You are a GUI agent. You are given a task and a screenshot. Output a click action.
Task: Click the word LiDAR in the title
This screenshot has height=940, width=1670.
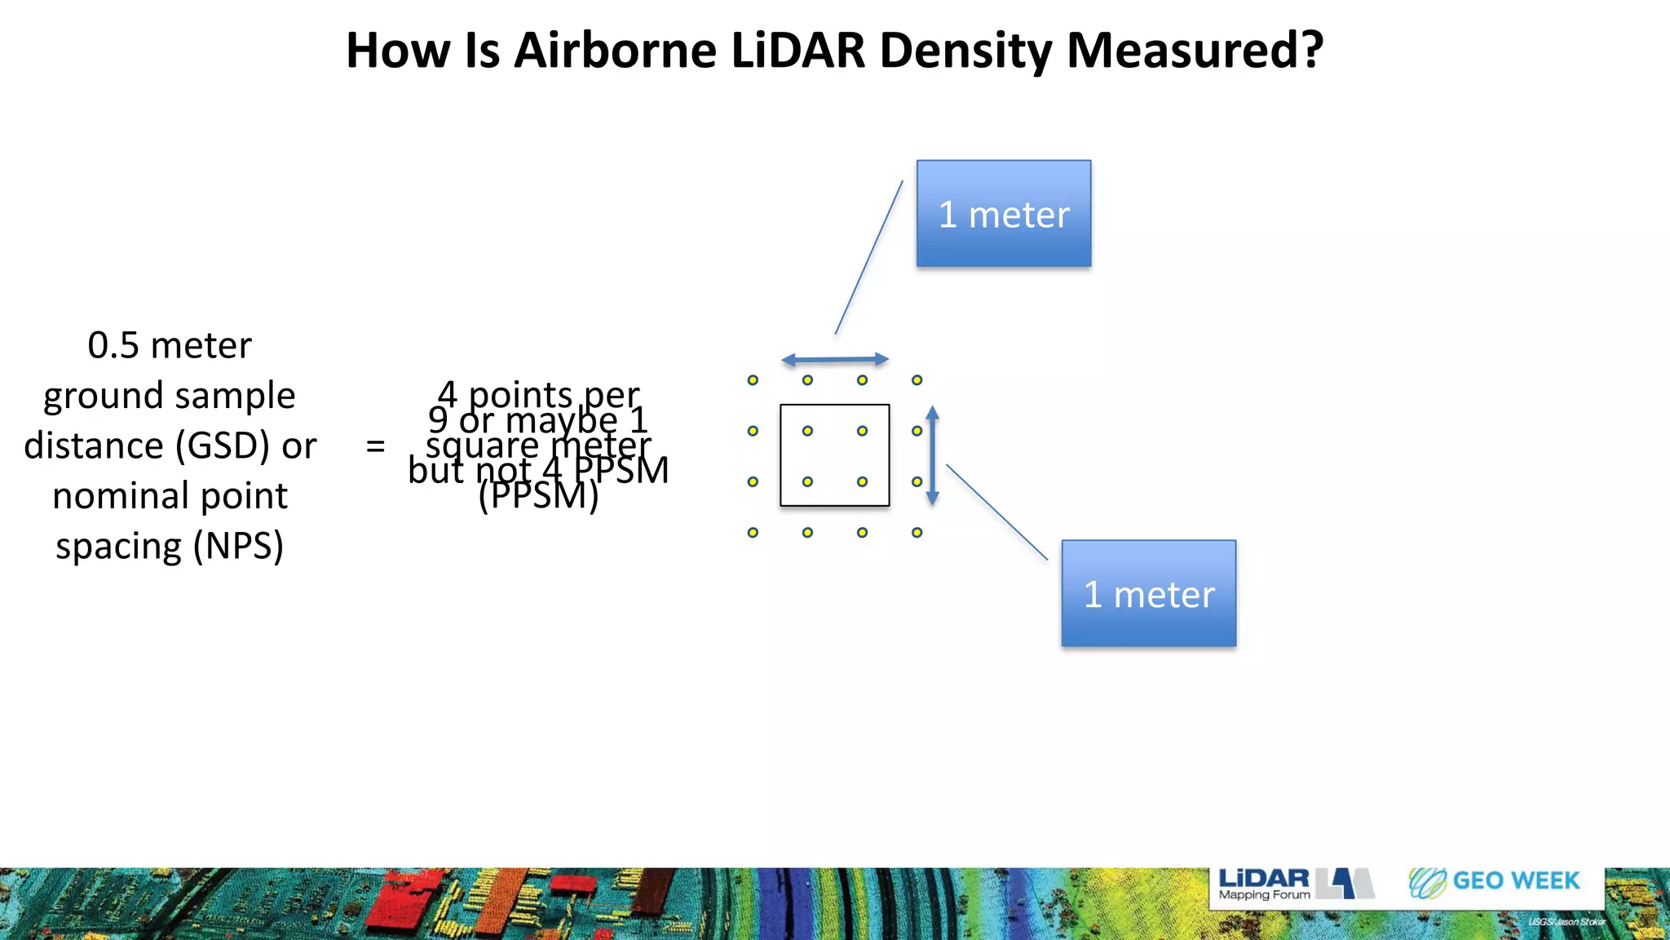797,51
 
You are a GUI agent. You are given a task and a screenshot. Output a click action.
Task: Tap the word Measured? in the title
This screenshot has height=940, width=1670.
1195,51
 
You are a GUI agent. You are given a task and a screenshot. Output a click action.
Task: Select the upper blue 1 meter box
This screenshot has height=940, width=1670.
1003,214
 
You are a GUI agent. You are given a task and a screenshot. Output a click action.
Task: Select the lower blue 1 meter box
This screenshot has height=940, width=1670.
1148,593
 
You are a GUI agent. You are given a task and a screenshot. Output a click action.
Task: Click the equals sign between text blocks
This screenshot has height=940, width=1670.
375,446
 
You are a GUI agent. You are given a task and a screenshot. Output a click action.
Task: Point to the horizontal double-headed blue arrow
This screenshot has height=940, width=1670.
834,359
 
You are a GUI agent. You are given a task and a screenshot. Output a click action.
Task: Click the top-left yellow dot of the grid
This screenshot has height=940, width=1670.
753,380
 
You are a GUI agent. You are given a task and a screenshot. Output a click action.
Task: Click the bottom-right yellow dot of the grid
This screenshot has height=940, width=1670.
917,533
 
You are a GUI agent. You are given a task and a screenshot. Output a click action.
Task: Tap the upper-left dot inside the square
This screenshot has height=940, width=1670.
807,431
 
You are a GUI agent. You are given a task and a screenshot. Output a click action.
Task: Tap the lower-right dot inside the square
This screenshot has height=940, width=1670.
862,481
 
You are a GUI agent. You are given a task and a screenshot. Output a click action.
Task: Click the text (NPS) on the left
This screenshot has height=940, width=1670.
238,546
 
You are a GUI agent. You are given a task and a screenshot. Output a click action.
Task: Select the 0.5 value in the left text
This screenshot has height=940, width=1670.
113,346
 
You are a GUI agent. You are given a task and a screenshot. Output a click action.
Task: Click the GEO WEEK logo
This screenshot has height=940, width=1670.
1494,882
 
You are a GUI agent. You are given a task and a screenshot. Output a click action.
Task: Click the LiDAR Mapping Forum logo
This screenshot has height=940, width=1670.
1295,884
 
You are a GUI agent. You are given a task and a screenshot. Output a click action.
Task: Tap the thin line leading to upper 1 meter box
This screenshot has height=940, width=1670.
868,258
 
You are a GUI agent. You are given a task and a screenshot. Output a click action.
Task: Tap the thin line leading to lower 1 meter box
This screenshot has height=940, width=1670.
996,512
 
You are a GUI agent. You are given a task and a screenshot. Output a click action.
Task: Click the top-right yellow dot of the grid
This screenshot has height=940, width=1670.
917,380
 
